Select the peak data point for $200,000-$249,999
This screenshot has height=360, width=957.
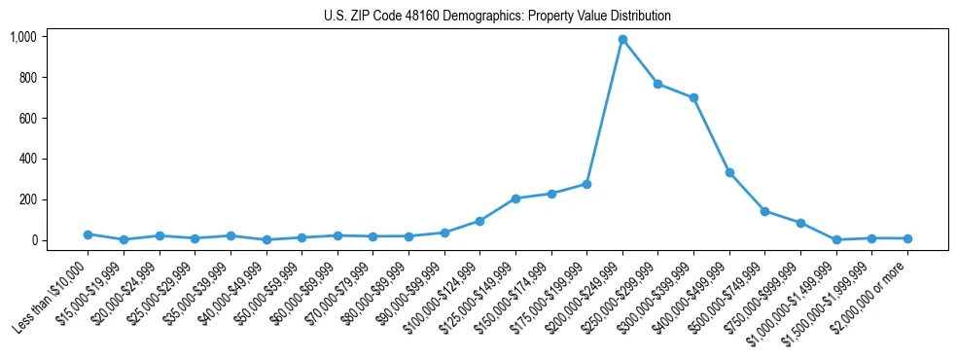(x=622, y=40)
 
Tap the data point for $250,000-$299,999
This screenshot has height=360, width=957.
(x=658, y=85)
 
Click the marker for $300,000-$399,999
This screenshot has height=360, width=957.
(x=693, y=98)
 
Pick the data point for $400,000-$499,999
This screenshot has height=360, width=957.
(x=729, y=172)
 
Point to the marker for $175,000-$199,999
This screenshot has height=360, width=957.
(x=586, y=184)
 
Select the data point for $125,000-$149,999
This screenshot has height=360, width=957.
(x=515, y=198)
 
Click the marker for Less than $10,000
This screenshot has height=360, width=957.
(x=88, y=234)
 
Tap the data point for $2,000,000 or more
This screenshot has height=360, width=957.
(x=907, y=238)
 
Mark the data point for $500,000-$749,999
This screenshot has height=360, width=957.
(x=765, y=211)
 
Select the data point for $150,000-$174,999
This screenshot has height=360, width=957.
(x=551, y=194)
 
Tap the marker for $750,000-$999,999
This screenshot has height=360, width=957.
(x=800, y=223)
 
